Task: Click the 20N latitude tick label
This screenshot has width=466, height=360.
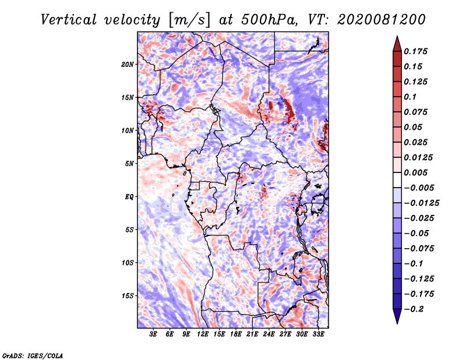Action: tap(128, 64)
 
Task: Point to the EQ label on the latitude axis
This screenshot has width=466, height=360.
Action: tap(129, 196)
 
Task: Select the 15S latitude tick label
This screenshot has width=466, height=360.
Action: tap(128, 295)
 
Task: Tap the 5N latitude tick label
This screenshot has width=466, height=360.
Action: tap(129, 163)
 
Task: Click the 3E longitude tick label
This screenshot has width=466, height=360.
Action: tap(153, 334)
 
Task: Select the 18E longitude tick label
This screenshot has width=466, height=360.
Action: tap(235, 334)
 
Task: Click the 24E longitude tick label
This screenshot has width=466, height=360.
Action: tap(268, 334)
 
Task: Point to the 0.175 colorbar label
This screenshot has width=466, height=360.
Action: tap(417, 51)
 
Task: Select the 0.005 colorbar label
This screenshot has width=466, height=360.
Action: tap(417, 173)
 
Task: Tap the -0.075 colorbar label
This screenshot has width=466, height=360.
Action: tap(419, 248)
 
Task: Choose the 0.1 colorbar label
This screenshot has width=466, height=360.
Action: tap(410, 97)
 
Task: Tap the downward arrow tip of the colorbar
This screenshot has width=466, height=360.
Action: tap(397, 322)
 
